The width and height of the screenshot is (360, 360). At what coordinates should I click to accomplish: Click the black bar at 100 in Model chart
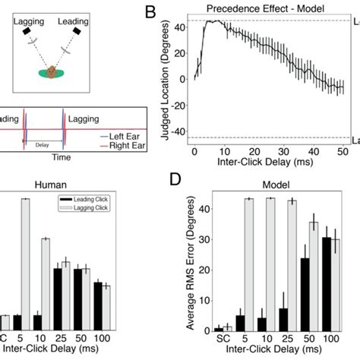[x=326, y=285]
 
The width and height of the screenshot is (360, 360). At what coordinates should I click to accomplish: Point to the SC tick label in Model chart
[x=223, y=338]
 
